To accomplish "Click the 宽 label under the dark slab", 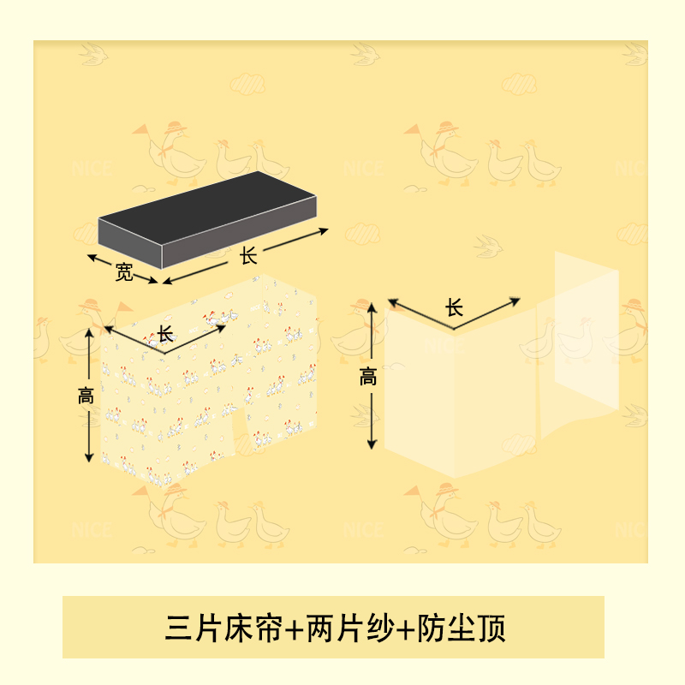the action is [125, 274].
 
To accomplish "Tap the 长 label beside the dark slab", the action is [249, 255].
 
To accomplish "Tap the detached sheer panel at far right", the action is [587, 330].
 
